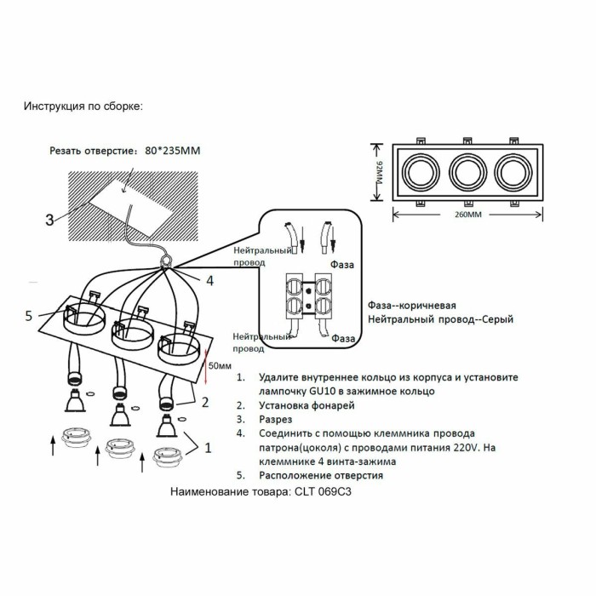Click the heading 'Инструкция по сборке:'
click(83, 107)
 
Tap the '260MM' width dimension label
click(467, 215)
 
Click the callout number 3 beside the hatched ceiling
click(49, 220)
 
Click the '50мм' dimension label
click(220, 365)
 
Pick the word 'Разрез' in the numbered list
click(276, 420)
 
